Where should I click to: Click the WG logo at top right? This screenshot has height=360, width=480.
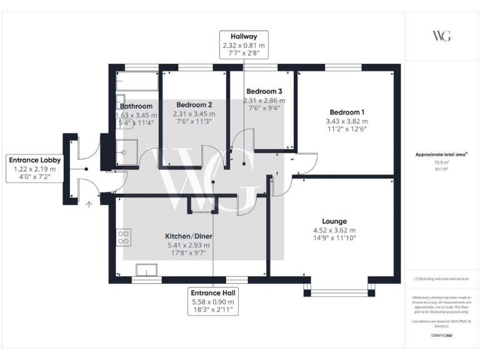pos(441,35)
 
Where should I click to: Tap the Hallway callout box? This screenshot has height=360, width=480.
pos(244,45)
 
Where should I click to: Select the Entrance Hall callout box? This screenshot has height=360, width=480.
pos(214,301)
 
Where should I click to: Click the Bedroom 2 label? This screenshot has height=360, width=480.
pos(194,104)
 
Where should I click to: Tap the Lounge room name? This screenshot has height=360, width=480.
pos(334,221)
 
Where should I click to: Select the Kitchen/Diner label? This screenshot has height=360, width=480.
pos(187,236)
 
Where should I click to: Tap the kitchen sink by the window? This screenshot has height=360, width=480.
pos(148,270)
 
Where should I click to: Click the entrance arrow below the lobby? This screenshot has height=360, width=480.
pos(89,202)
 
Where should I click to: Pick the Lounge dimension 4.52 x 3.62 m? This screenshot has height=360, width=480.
pos(334,231)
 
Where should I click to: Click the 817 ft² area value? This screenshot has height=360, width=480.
pos(441,168)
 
